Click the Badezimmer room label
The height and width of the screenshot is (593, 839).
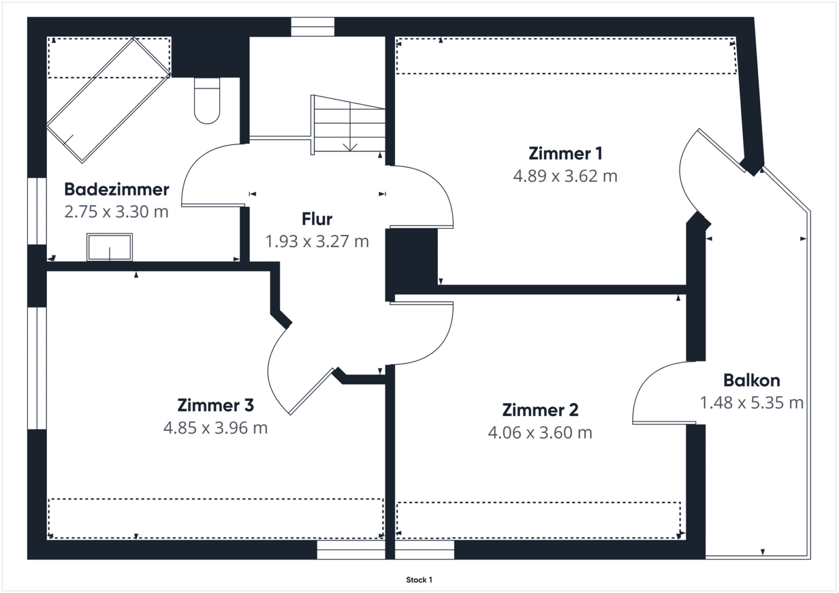(x=116, y=189)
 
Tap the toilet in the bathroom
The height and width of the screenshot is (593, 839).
(x=207, y=100)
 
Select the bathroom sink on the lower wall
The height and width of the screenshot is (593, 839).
(x=109, y=247)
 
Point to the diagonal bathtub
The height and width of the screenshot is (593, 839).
(x=109, y=100)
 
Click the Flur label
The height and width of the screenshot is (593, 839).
(x=317, y=220)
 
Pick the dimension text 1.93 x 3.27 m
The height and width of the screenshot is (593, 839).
(x=317, y=242)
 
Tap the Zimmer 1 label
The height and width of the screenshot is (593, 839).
(x=565, y=154)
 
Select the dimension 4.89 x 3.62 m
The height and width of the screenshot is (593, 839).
(x=565, y=176)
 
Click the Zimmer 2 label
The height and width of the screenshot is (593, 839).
(x=540, y=410)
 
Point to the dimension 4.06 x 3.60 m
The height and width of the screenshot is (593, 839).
(x=540, y=433)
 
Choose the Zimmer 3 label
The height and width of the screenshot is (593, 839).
(x=215, y=405)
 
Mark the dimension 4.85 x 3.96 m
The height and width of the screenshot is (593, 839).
(x=215, y=428)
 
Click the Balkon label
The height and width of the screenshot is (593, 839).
(x=752, y=381)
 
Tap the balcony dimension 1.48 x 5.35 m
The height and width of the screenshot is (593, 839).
(x=752, y=403)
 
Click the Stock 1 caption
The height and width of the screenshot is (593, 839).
(x=419, y=580)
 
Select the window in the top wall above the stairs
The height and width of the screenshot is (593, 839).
(x=313, y=27)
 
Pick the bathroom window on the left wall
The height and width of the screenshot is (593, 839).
(x=37, y=211)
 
